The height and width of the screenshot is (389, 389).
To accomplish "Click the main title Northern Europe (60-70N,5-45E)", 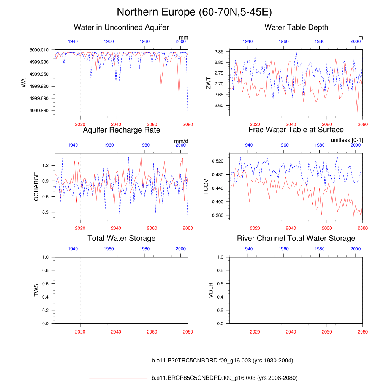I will tap(194, 12).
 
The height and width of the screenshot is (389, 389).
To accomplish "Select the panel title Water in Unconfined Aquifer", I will tap(121, 27).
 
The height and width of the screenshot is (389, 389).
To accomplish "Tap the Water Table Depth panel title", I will tap(296, 27).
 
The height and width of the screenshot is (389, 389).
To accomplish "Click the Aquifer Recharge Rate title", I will tap(121, 130).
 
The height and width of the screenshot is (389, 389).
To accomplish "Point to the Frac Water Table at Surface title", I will tap(296, 130).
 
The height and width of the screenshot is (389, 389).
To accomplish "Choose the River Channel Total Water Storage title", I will tap(296, 238).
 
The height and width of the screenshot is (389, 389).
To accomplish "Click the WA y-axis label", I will tap(24, 82).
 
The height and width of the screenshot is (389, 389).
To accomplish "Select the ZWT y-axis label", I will tap(208, 82).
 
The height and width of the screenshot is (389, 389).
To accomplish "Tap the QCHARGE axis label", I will tap(36, 187).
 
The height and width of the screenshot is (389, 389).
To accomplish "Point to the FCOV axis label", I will tap(206, 187).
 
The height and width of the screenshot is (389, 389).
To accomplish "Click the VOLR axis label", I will tap(211, 290).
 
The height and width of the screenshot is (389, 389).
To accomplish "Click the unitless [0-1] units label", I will tap(346, 140).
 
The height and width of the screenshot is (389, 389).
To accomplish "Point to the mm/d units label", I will tap(181, 141).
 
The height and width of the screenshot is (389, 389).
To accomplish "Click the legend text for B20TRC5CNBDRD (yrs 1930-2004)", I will tap(222, 361).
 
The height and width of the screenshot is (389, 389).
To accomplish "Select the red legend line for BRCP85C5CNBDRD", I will tap(118, 378).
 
